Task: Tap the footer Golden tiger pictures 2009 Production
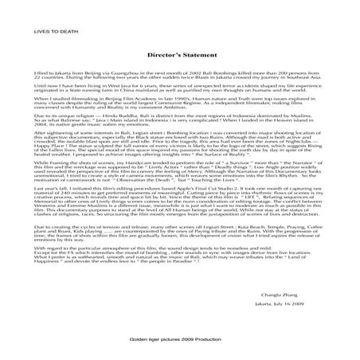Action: pos(179,338)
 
